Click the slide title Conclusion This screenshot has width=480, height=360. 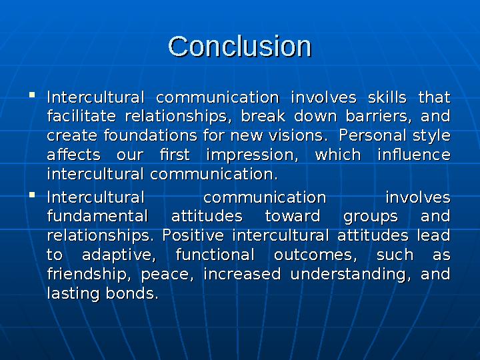tap(240, 47)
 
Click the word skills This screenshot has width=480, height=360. tap(383, 98)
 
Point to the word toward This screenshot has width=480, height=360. tap(291, 217)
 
